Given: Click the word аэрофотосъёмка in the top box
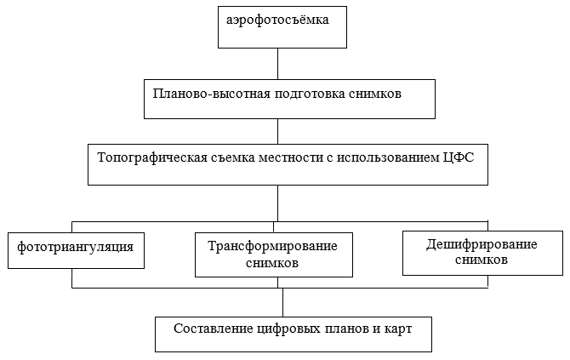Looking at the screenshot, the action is (x=277, y=20).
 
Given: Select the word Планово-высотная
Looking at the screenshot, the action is (x=212, y=94).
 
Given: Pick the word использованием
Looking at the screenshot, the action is (x=387, y=157).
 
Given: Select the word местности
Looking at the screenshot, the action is (x=290, y=158).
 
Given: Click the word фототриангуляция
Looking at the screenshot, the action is (x=75, y=248).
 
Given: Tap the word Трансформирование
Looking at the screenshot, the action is (x=272, y=247).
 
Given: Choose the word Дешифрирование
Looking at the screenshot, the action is (x=482, y=245).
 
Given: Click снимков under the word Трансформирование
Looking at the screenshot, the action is (x=272, y=262).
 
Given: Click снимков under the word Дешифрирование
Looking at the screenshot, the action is (x=482, y=260).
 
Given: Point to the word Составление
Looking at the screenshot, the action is (x=213, y=329).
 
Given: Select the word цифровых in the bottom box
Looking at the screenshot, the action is (x=288, y=329).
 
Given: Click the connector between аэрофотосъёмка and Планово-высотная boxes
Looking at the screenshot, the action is (x=277, y=64).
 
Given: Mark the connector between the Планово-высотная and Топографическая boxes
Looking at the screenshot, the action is (x=277, y=131).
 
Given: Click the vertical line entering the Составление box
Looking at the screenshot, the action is (x=282, y=302).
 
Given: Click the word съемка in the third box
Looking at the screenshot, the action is (x=231, y=158).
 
